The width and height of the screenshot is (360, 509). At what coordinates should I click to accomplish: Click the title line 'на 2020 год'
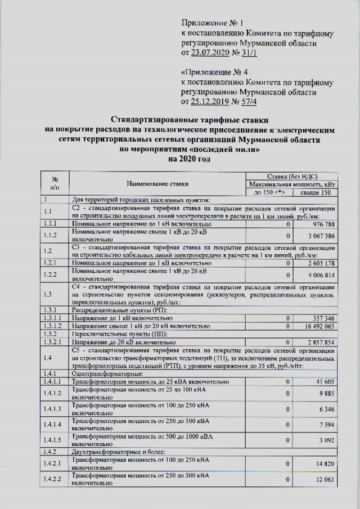[x=187, y=159]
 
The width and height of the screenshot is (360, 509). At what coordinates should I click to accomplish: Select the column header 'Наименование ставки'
[x=157, y=183]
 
